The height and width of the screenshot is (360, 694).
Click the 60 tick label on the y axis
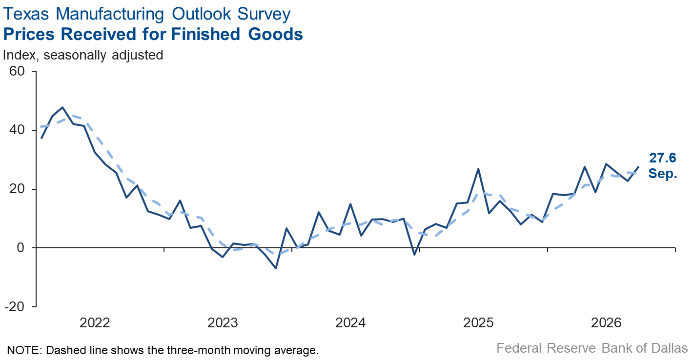tap(17, 71)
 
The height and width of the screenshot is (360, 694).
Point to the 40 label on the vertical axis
tap(17, 130)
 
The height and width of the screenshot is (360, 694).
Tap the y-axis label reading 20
tap(17, 189)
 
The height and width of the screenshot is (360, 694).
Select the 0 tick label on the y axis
tap(20, 248)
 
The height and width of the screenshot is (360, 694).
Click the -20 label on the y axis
tap(15, 306)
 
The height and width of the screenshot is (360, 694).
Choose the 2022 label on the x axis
tap(95, 323)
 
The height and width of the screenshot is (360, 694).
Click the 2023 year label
tap(223, 323)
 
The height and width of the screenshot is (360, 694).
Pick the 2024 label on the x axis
tap(350, 323)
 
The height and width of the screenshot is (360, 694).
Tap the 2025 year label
tap(478, 323)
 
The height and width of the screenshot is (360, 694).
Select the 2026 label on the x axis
tap(606, 323)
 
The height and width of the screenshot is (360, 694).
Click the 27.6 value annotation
tap(663, 158)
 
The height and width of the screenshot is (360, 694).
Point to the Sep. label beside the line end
tap(663, 173)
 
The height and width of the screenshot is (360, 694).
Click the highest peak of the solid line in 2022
tap(62, 107)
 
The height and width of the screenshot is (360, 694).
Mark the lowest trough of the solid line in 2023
tap(276, 268)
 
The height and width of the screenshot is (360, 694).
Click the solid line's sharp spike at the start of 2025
tap(478, 169)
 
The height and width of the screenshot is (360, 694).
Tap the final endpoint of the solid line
tap(638, 167)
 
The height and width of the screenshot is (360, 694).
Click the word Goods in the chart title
tap(275, 34)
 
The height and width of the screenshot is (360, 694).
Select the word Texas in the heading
tap(26, 14)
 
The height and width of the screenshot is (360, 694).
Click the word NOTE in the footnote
tap(24, 350)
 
